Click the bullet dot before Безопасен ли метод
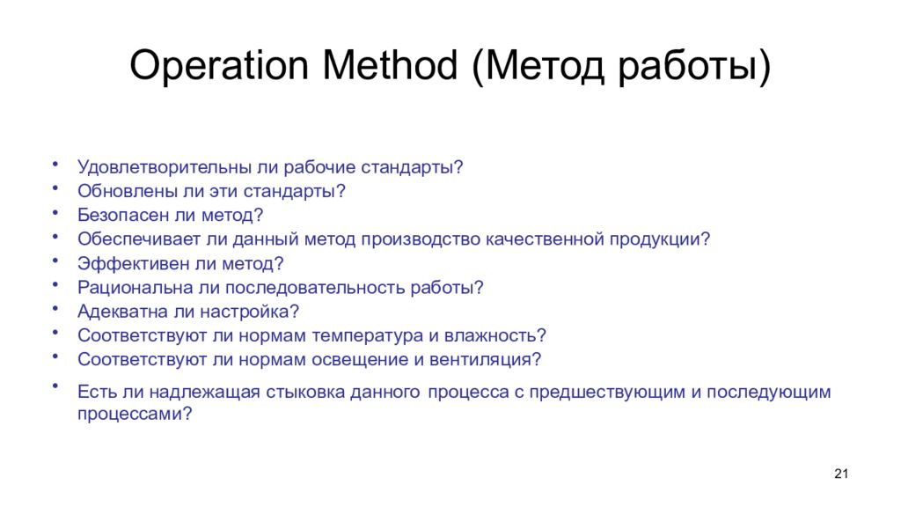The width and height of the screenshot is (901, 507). [x=55, y=211]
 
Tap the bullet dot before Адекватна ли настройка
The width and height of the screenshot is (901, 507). [x=55, y=308]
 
